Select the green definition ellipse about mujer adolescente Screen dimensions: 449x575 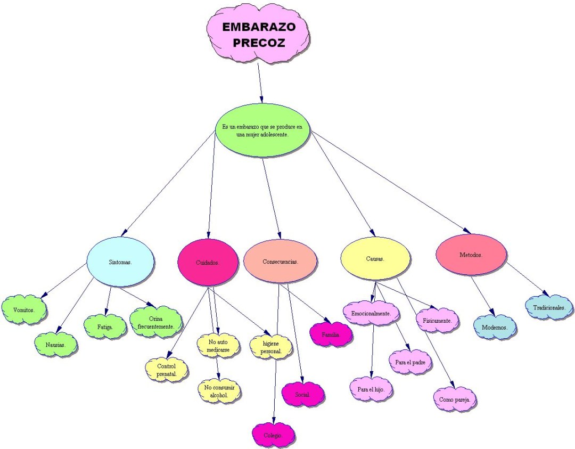262,130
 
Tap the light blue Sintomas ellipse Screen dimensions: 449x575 120,263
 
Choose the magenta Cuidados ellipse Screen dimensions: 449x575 208,262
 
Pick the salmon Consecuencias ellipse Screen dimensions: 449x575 280,262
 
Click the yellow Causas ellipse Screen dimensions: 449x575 375,259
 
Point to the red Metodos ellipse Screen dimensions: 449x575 471,255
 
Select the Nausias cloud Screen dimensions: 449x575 56,345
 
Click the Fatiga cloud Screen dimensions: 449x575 105,326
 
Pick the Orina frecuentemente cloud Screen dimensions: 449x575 155,322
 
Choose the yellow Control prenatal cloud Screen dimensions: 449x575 166,370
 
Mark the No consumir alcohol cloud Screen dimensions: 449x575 219,391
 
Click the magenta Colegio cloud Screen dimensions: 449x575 273,435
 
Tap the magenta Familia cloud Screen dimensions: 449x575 331,334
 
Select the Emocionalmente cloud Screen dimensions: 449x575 371,313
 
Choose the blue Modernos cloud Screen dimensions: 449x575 495,326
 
